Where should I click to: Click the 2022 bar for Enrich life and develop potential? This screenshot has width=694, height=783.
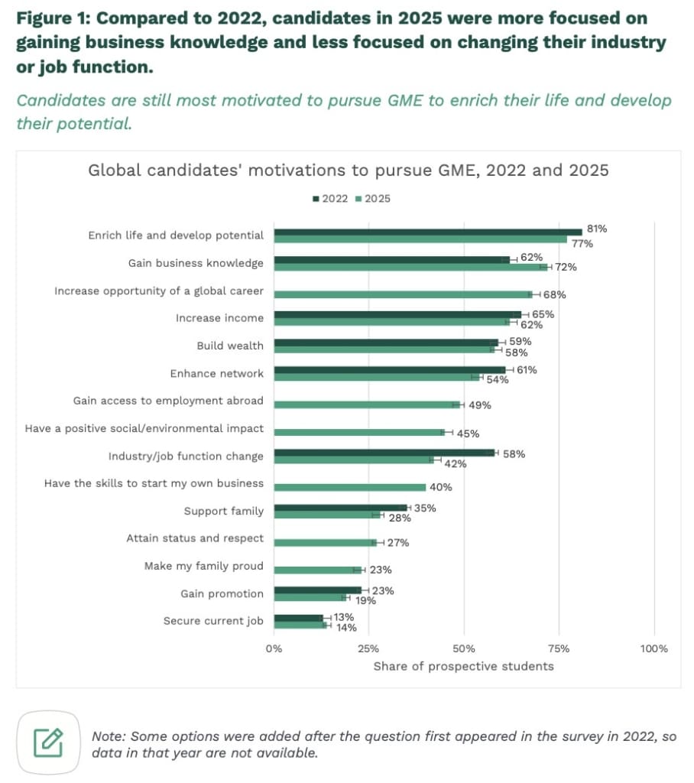pyautogui.click(x=428, y=232)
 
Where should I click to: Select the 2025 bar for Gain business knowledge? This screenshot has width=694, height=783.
pyautogui.click(x=411, y=267)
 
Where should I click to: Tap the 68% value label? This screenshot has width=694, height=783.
pyautogui.click(x=554, y=294)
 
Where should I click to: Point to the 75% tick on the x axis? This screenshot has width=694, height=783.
pyautogui.click(x=559, y=648)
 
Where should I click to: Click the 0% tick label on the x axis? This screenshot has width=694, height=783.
pyautogui.click(x=274, y=648)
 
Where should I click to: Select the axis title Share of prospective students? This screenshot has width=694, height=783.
pyautogui.click(x=463, y=666)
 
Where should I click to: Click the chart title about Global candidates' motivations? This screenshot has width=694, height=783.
pyautogui.click(x=349, y=170)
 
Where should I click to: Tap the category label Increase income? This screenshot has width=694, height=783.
pyautogui.click(x=219, y=318)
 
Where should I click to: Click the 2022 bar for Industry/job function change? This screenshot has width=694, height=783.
pyautogui.click(x=384, y=453)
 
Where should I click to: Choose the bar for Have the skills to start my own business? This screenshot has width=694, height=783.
pyautogui.click(x=350, y=487)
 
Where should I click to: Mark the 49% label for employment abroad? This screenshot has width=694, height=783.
pyautogui.click(x=479, y=405)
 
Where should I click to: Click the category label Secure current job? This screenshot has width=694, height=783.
pyautogui.click(x=213, y=621)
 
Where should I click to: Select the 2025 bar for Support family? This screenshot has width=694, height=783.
pyautogui.click(x=327, y=515)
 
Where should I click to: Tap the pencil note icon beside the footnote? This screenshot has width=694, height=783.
pyautogui.click(x=48, y=741)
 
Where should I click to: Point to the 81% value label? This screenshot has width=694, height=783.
pyautogui.click(x=596, y=229)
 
